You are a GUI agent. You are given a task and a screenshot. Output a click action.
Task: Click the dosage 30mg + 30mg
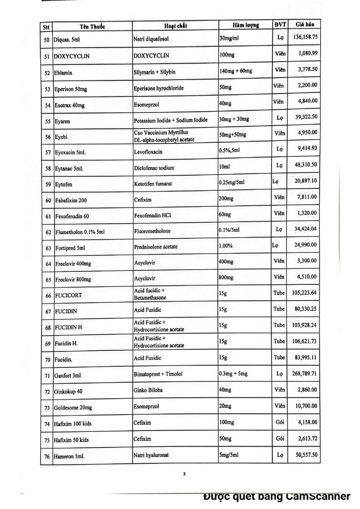(234, 119)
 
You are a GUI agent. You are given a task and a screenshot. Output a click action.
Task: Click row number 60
(48, 200)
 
